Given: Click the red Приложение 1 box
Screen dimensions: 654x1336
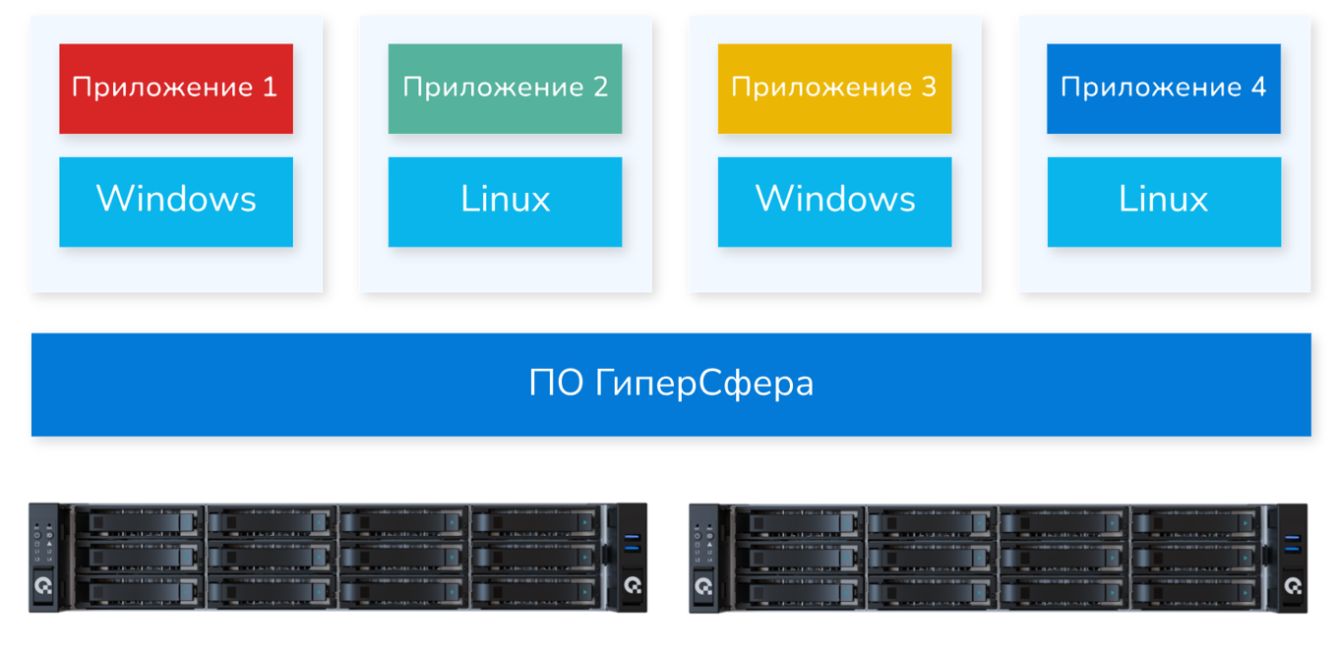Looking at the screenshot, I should click(x=176, y=89).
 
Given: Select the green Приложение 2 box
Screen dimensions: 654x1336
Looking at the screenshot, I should click(x=505, y=89).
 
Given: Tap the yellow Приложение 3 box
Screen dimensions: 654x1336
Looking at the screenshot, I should click(x=834, y=89).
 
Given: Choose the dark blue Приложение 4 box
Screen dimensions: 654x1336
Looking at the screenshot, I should click(x=1163, y=89).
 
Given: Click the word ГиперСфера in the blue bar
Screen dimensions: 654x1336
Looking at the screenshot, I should click(x=704, y=384).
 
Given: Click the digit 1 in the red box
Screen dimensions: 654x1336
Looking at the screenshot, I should click(x=271, y=88).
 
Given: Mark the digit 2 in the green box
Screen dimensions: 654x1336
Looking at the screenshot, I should click(x=600, y=88).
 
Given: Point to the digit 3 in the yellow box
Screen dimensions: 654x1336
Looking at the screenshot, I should click(x=929, y=88).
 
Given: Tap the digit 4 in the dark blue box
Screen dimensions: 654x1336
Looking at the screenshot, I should click(x=1258, y=88).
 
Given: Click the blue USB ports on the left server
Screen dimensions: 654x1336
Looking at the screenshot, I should click(x=632, y=542).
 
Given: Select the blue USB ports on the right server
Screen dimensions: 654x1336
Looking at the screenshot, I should click(x=1292, y=542).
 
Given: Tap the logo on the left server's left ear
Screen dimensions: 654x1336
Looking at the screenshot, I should click(x=43, y=587).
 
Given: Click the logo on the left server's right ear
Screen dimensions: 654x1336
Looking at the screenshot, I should click(x=633, y=587).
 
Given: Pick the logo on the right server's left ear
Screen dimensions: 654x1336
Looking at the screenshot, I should click(x=703, y=587).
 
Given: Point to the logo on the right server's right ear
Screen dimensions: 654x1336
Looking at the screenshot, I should click(x=1293, y=587).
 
